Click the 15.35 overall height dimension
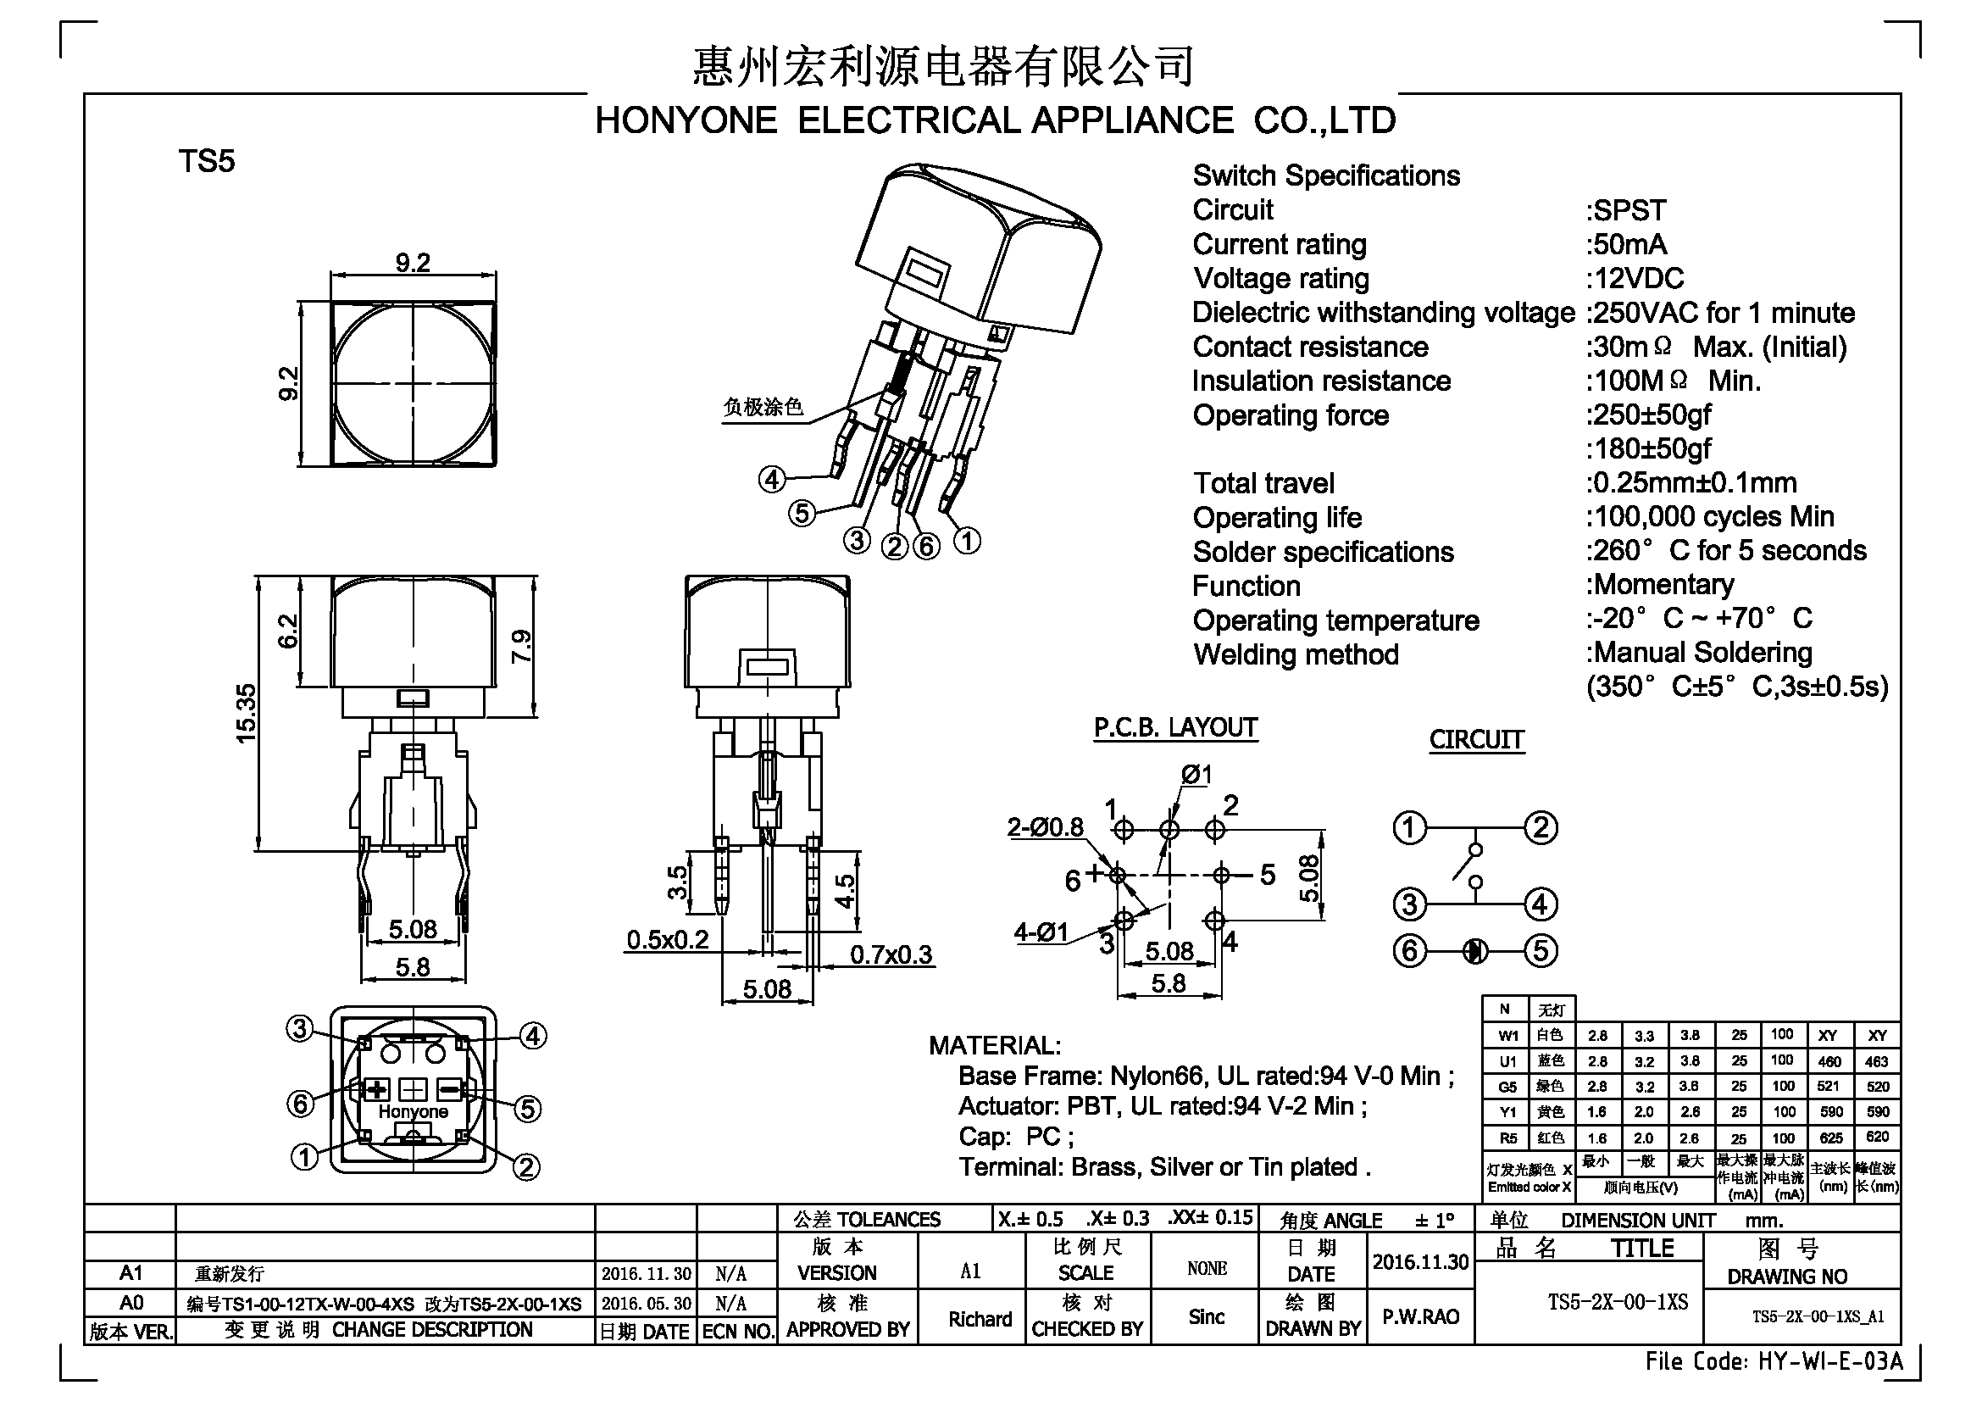click(247, 713)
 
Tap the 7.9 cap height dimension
click(522, 647)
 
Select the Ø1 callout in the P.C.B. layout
click(1196, 776)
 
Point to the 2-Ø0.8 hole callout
click(1046, 827)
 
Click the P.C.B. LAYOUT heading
click(1176, 728)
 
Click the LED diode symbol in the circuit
click(1475, 951)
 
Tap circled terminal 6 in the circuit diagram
click(1410, 951)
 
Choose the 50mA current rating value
click(1626, 244)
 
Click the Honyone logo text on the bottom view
click(414, 1112)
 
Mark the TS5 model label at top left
click(206, 161)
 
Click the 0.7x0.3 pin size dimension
click(891, 954)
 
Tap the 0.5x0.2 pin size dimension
click(667, 939)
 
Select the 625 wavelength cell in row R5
click(1831, 1138)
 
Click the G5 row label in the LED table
click(1507, 1087)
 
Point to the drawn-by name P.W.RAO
click(1421, 1316)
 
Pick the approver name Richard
click(980, 1319)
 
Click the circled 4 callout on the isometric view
click(772, 479)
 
